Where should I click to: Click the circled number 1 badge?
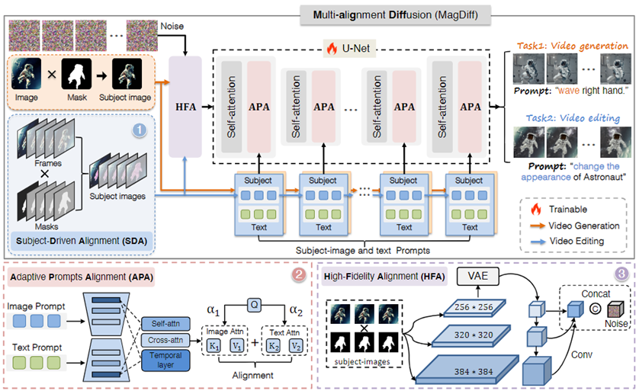(x=139, y=130)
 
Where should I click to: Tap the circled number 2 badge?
(x=301, y=275)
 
